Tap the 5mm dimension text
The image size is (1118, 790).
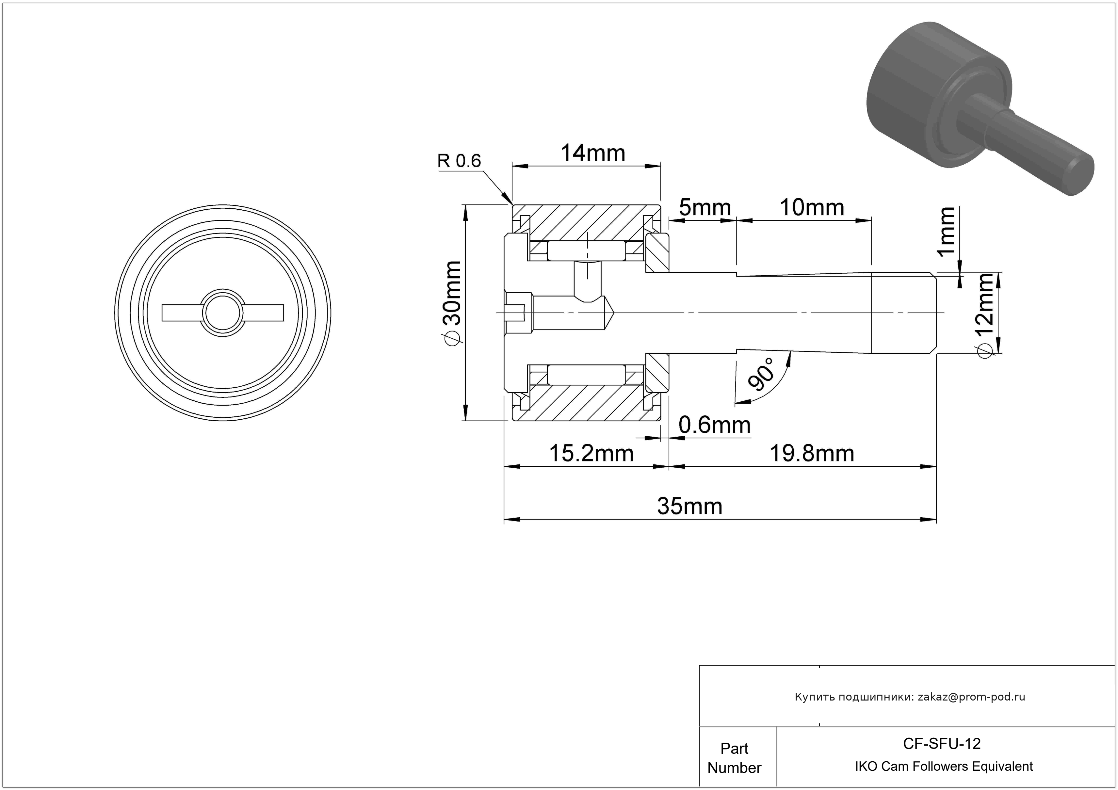click(x=705, y=208)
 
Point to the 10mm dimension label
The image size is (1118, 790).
click(x=812, y=208)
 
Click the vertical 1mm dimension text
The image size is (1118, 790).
click(x=947, y=231)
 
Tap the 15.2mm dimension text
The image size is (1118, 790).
click(x=591, y=454)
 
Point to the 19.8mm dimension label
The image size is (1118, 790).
click(x=812, y=454)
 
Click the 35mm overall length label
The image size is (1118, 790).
click(x=689, y=507)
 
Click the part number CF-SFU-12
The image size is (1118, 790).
click(x=942, y=743)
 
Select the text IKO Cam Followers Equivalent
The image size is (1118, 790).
click(x=944, y=766)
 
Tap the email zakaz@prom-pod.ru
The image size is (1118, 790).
click(x=971, y=697)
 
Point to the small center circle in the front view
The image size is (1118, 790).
click(x=222, y=313)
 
